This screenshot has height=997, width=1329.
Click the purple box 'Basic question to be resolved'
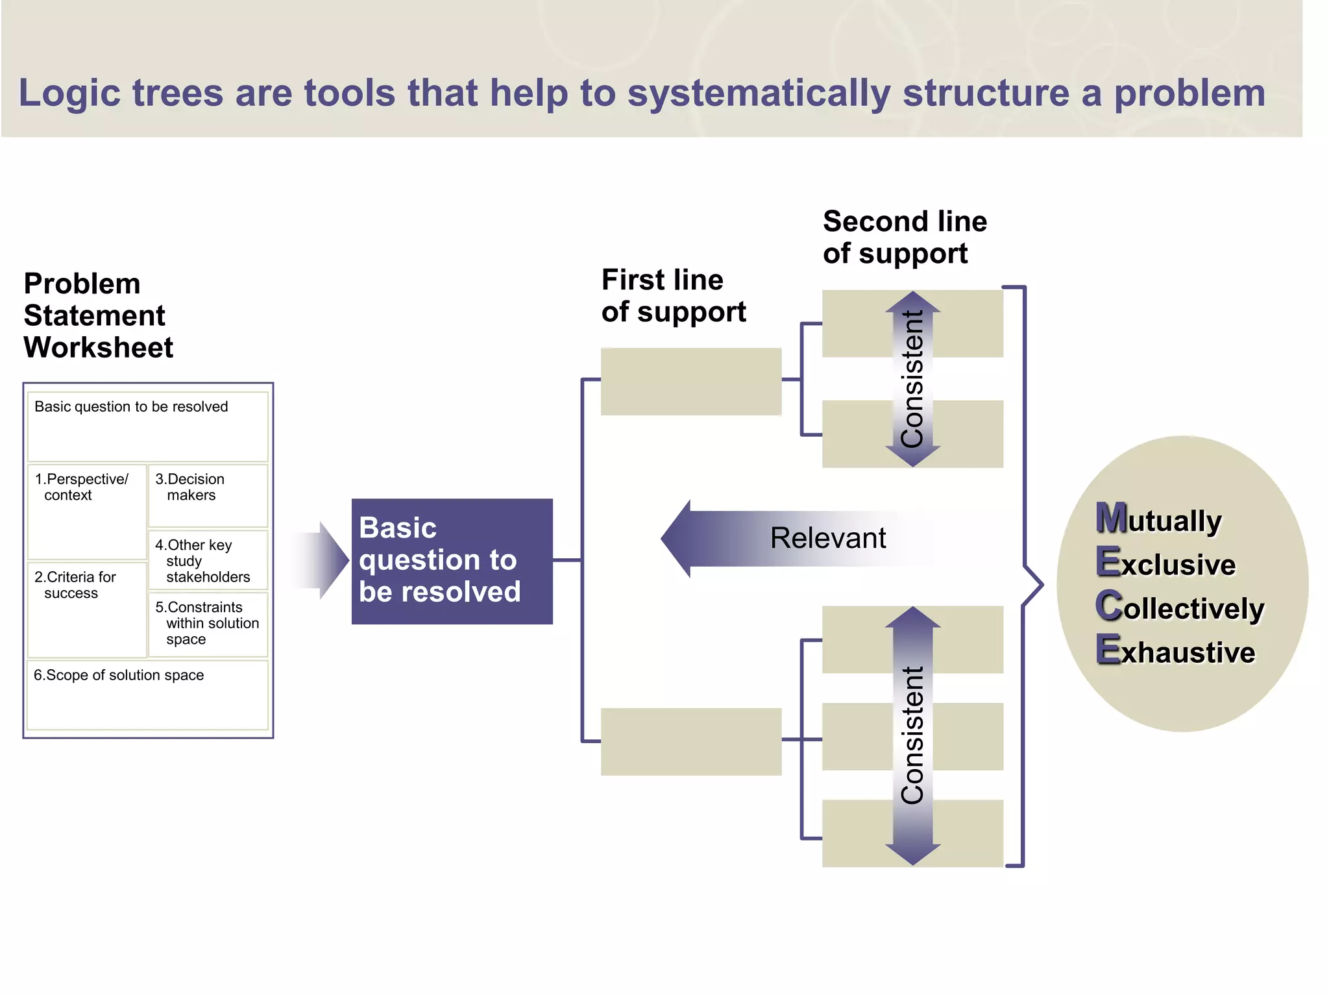pos(452,561)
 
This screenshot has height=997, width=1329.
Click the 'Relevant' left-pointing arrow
pos(798,538)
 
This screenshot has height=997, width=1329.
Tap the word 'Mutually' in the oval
pos(1159,519)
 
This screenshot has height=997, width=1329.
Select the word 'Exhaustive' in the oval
pos(1175,651)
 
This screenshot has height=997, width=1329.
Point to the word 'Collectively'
pos(1179,608)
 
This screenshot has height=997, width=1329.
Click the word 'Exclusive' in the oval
pos(1165,563)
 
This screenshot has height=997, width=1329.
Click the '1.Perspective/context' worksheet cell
pos(87,511)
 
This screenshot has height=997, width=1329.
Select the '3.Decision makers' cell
pos(208,495)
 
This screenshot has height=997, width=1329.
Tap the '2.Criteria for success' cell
pos(87,609)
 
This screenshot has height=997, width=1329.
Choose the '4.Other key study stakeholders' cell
pos(208,560)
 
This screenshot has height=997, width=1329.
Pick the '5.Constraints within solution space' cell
pos(208,623)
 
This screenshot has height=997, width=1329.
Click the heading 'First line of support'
pos(673,296)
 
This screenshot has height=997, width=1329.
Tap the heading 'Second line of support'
pos(904,238)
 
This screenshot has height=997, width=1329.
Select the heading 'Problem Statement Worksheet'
pos(98,315)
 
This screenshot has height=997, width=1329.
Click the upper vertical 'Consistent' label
pos(912,379)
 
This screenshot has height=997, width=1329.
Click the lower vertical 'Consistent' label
pos(912,735)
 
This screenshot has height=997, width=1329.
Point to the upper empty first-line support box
pos(690,381)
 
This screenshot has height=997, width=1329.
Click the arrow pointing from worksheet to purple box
pos(324,560)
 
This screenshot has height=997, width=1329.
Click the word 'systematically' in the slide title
pos(758,93)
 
